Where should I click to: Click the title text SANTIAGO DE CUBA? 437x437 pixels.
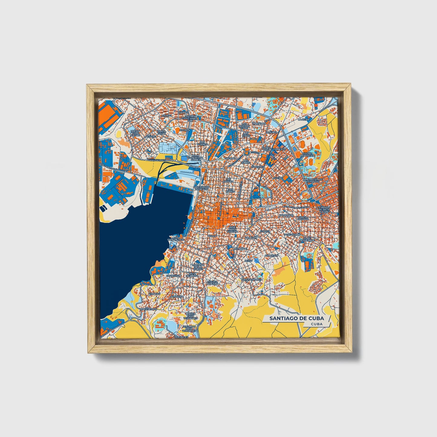pyautogui.click(x=296, y=318)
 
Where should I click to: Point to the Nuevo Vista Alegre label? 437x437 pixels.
pyautogui.click(x=135, y=133)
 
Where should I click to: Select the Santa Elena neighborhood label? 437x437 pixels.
pyautogui.click(x=161, y=132)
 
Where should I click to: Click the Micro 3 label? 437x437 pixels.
pyautogui.click(x=166, y=115)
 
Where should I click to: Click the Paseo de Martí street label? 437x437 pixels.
pyautogui.click(x=157, y=160)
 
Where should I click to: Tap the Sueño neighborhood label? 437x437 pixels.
pyautogui.click(x=278, y=178)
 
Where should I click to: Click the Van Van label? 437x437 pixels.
pyautogui.click(x=154, y=294)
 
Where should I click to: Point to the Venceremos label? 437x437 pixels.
pyautogui.click(x=148, y=309)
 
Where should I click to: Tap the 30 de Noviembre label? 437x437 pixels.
pyautogui.click(x=307, y=239)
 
